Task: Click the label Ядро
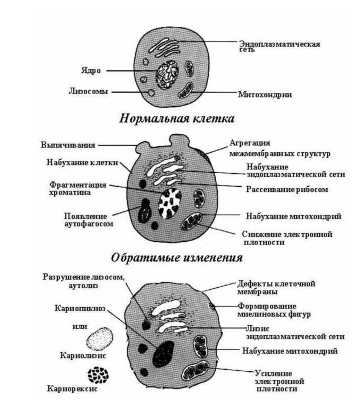pyautogui.click(x=91, y=70)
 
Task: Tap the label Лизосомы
pyautogui.click(x=88, y=92)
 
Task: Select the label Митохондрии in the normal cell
pyautogui.click(x=265, y=94)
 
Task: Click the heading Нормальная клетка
pyautogui.click(x=177, y=119)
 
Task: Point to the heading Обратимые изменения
pyautogui.click(x=177, y=258)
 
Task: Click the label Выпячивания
pyautogui.click(x=68, y=145)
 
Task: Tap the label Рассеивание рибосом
pyautogui.click(x=287, y=189)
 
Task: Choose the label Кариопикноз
pyautogui.click(x=80, y=308)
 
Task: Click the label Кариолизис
pyautogui.click(x=83, y=355)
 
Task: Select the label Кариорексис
pyautogui.click(x=72, y=389)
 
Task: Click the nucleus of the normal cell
pyautogui.click(x=167, y=76)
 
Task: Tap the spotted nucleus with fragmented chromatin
pyautogui.click(x=170, y=203)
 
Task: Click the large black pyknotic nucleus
pyautogui.click(x=164, y=354)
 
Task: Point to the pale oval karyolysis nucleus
pyautogui.click(x=100, y=339)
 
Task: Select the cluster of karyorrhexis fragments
pyautogui.click(x=98, y=375)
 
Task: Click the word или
pyautogui.click(x=80, y=326)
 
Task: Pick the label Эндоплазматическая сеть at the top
pyautogui.click(x=280, y=46)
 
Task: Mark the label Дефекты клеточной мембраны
pyautogui.click(x=276, y=287)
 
